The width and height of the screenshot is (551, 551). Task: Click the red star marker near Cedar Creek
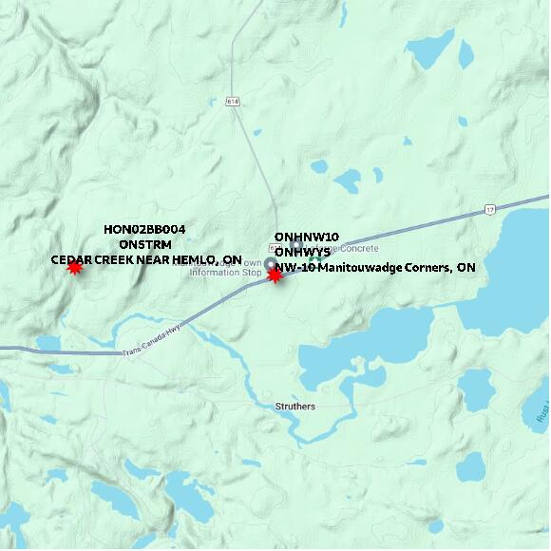click(x=74, y=268)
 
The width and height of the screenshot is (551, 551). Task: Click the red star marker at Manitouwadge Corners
click(x=275, y=275)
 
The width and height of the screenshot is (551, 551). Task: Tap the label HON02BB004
click(x=144, y=229)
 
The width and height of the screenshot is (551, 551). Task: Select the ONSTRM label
click(x=145, y=244)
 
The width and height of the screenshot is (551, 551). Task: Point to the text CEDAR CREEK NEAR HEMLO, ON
click(x=145, y=259)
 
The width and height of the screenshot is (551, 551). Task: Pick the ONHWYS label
click(x=302, y=252)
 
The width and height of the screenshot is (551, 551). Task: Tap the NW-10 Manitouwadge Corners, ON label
click(x=375, y=268)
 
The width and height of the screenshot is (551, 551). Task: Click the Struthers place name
click(x=290, y=407)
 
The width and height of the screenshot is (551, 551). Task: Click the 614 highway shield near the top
click(x=233, y=101)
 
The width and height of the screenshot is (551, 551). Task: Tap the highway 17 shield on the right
click(x=490, y=208)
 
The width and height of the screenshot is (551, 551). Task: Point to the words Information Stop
click(x=225, y=273)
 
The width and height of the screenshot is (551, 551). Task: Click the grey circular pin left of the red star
click(x=269, y=264)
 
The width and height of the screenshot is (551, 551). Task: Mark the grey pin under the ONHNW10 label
click(x=297, y=245)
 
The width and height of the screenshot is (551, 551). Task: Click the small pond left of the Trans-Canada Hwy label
click(x=48, y=343)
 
